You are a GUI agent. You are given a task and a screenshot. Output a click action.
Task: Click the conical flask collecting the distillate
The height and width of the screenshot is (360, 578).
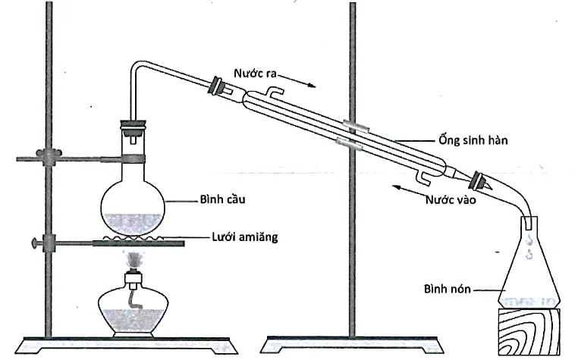point(529,273)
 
